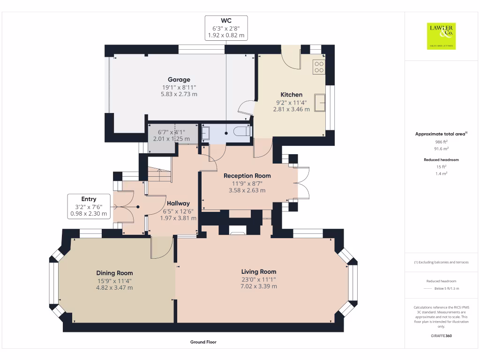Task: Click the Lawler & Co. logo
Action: (x=441, y=36)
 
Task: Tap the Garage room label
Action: (x=179, y=80)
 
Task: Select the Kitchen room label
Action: (x=291, y=95)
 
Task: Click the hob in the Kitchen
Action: (x=319, y=67)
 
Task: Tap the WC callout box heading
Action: (x=226, y=20)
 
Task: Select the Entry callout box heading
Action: (x=89, y=199)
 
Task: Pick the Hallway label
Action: (x=178, y=203)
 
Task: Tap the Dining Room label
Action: (x=114, y=273)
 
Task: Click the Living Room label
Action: (x=259, y=271)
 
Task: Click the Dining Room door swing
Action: (x=160, y=248)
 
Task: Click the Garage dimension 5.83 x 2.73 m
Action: (x=179, y=94)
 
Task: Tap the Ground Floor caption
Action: (x=203, y=342)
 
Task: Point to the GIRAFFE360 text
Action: (x=441, y=336)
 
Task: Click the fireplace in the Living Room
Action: (x=238, y=230)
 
